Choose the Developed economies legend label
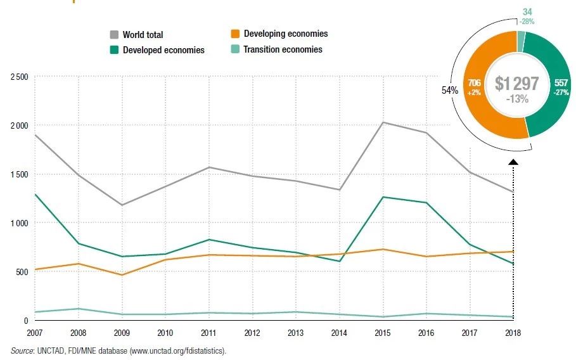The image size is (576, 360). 164,50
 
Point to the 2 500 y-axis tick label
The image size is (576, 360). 19,77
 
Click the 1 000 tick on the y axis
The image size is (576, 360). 19,223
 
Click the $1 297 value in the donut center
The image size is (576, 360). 516,84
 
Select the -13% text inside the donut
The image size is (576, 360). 517,99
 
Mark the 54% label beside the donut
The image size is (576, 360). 450,91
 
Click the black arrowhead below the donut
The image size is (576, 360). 513,162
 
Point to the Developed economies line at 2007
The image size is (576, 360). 36,195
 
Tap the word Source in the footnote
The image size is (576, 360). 22,350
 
